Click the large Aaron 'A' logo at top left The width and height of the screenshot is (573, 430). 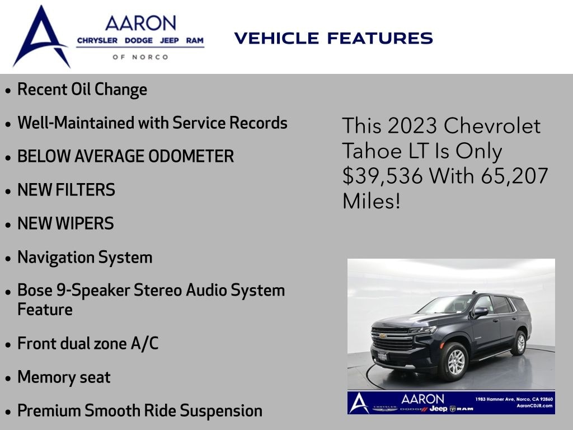(41, 36)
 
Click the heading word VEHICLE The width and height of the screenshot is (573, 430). (276, 38)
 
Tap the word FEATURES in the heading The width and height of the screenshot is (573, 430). (380, 38)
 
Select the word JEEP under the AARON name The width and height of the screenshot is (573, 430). (169, 40)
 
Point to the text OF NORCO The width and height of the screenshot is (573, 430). (140, 57)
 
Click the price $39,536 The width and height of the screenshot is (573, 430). (382, 176)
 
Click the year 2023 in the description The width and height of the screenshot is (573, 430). (412, 126)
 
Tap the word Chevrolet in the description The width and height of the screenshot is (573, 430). (492, 126)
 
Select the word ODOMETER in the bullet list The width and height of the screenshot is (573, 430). (191, 156)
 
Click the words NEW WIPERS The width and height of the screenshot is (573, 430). (66, 223)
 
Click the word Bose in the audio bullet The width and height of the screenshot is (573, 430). (35, 291)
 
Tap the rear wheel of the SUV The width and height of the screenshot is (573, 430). (519, 343)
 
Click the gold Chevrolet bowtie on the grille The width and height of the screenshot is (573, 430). (383, 336)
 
